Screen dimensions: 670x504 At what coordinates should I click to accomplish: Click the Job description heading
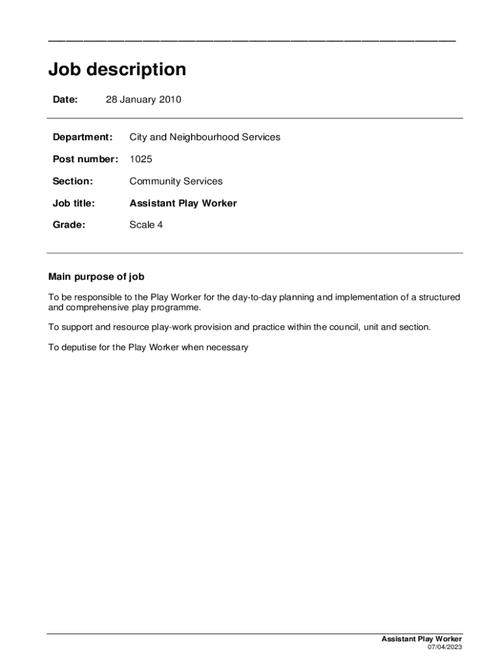(x=117, y=69)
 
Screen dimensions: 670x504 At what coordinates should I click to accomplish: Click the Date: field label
(x=65, y=99)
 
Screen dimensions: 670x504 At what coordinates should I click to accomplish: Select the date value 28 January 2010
(x=143, y=99)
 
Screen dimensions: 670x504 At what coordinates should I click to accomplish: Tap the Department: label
(x=82, y=137)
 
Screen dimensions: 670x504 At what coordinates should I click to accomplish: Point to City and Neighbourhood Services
(x=205, y=137)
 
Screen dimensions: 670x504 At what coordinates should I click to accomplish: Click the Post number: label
(x=85, y=159)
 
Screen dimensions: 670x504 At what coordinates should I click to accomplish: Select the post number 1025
(x=141, y=159)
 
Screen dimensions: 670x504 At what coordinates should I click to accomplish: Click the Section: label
(x=73, y=181)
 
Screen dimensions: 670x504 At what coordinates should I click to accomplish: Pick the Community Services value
(x=176, y=181)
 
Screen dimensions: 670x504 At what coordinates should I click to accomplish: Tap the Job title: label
(x=73, y=203)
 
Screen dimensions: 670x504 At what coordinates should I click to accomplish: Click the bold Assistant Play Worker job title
(x=183, y=203)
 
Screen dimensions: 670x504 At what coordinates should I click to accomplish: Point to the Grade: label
(x=69, y=225)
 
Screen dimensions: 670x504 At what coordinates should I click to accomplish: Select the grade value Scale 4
(x=147, y=225)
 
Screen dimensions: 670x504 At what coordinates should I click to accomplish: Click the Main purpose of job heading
(x=96, y=277)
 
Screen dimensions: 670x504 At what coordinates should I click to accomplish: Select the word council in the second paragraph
(x=340, y=327)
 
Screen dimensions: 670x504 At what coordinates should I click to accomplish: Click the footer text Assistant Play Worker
(x=422, y=639)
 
